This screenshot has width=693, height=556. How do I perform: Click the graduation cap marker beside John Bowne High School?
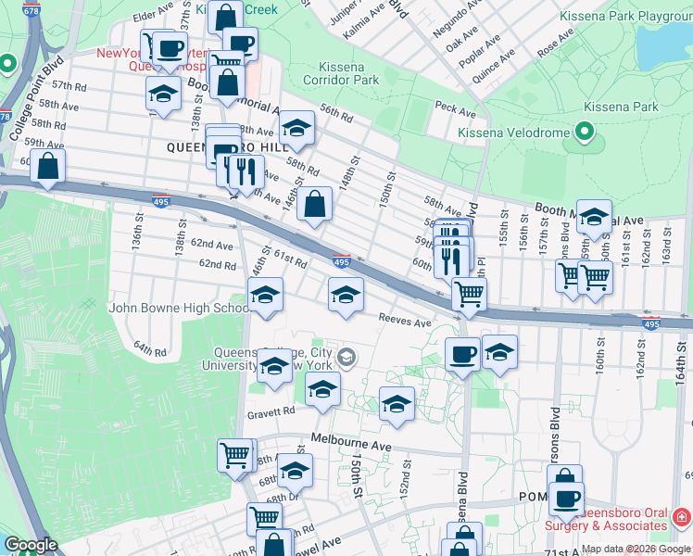(x=266, y=297)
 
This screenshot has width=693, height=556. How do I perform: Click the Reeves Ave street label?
(x=405, y=322)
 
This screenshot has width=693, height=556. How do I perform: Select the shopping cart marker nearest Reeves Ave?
(x=470, y=296)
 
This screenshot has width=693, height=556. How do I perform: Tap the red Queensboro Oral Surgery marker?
(x=682, y=516)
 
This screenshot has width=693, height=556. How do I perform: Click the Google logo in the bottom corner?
(x=31, y=546)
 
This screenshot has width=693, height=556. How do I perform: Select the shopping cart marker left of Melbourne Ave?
(x=235, y=455)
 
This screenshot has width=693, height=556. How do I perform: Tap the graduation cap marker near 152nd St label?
(x=397, y=404)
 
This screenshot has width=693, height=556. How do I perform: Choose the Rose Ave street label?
(x=555, y=43)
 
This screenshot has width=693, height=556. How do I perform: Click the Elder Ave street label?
(x=154, y=16)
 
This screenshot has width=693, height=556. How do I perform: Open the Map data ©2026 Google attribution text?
(x=636, y=549)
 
